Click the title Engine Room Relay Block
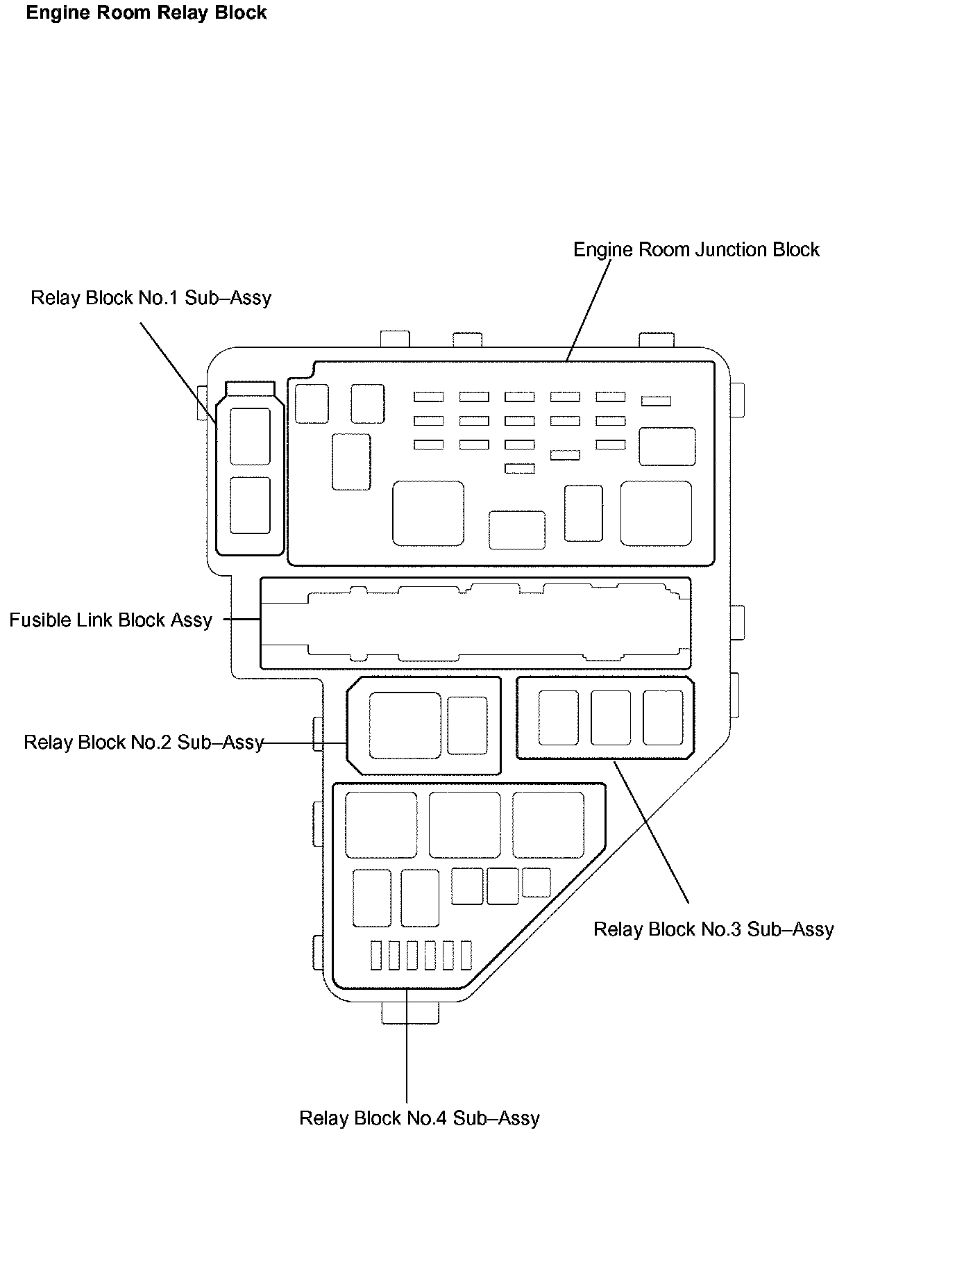coord(146,13)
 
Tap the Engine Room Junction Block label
coord(695,250)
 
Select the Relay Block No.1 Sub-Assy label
coord(151,298)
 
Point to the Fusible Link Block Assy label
coord(110,620)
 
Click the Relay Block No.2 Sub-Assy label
coord(144,743)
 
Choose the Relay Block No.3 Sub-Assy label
coord(713,929)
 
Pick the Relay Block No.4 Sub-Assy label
coord(419,1118)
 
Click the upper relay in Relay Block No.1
coord(250,436)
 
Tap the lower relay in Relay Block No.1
coord(250,505)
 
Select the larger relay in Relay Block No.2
coord(405,725)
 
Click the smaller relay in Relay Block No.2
coord(467,725)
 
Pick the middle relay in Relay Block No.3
coord(611,718)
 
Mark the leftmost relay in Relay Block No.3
coord(558,718)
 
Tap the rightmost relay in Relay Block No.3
coord(663,718)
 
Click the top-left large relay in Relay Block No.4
coord(381,824)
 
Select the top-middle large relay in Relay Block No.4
coord(464,824)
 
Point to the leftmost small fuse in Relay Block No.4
coord(376,955)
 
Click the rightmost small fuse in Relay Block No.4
coord(466,955)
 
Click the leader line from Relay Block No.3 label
coord(651,831)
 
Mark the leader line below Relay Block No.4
coord(407,1049)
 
